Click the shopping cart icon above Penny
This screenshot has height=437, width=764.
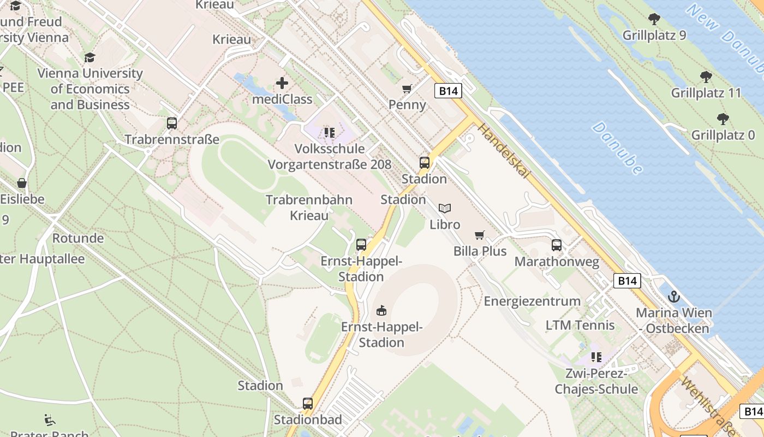coord(407,88)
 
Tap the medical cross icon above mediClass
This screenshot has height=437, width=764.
coord(282,83)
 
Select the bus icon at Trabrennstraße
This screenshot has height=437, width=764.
coord(172,123)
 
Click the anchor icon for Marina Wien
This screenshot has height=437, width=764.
coord(675,297)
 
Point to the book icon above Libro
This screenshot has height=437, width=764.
coord(445,208)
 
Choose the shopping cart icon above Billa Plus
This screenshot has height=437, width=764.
coord(480,235)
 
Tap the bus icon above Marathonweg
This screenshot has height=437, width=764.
coord(557,245)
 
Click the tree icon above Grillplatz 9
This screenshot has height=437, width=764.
coord(654,20)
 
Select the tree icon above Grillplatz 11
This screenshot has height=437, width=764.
coord(706,77)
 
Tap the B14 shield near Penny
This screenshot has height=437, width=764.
coord(449,91)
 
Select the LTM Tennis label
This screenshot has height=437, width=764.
coord(580,326)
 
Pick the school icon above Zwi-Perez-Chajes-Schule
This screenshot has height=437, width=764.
coord(596,357)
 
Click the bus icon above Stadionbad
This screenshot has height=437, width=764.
coord(308,404)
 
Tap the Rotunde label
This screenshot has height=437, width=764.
coord(78,238)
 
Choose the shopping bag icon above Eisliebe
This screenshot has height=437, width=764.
coord(22,183)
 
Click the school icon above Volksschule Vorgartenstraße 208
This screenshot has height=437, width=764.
coord(329,132)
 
